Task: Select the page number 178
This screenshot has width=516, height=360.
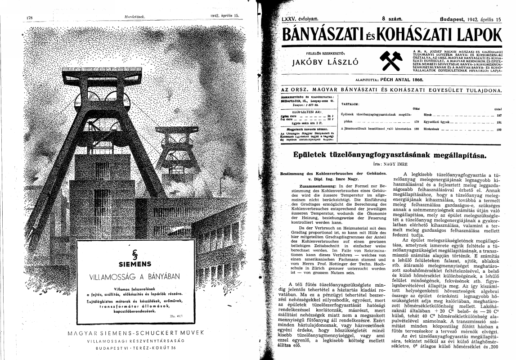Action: point(31,17)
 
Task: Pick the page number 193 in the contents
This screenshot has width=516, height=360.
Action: point(498,129)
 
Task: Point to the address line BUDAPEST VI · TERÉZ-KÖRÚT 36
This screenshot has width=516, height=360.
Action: point(132,348)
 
